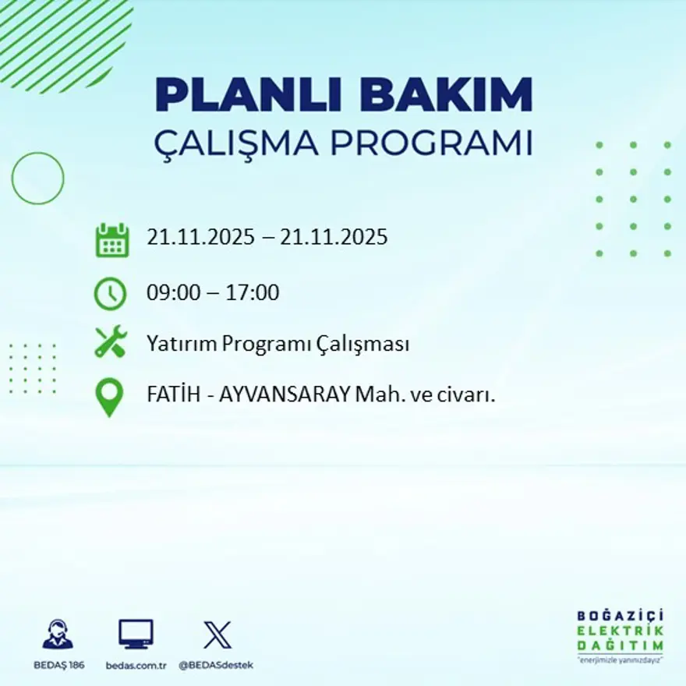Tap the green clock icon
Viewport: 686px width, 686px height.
coord(110,293)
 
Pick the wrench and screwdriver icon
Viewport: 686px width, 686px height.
coord(110,342)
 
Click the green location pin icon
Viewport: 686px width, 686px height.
coord(109,397)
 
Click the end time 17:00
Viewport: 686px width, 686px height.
coord(253,293)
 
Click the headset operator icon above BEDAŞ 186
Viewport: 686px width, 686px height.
coord(58,635)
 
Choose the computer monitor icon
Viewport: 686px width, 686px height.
coord(136,635)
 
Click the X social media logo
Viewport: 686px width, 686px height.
coord(217,635)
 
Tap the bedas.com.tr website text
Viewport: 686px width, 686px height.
coord(136,666)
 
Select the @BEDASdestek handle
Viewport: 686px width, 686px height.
coord(216,666)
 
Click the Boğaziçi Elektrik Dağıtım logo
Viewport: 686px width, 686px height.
coord(621,635)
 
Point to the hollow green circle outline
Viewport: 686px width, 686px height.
coord(37,179)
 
